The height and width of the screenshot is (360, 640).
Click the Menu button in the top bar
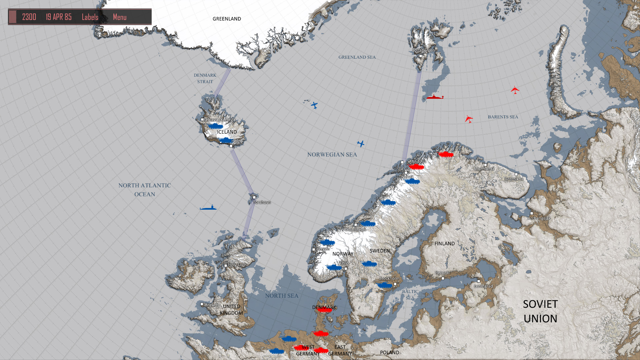tap(120, 17)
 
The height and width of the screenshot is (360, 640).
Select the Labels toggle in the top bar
tap(90, 17)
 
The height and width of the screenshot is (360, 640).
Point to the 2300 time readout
tap(29, 17)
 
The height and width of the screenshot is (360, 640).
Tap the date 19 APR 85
tap(59, 17)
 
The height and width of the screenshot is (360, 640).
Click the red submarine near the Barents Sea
tap(435, 97)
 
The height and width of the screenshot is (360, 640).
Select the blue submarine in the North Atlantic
tap(208, 208)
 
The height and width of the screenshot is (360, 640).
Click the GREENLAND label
tap(227, 19)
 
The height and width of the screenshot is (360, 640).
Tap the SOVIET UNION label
tap(540, 311)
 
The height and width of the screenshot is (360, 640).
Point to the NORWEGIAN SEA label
tap(332, 155)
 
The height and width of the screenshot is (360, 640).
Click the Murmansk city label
tap(484, 169)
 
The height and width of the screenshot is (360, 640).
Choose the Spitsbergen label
tap(423, 50)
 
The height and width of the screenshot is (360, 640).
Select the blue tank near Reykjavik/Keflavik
tap(215, 126)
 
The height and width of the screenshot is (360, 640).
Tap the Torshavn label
tap(262, 202)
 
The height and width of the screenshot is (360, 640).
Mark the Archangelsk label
tap(539, 218)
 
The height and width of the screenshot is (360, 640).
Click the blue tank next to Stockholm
tap(384, 285)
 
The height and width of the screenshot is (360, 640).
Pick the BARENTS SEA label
tap(503, 117)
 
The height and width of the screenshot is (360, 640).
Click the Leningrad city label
tap(483, 286)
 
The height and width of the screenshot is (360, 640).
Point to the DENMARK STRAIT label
tap(205, 78)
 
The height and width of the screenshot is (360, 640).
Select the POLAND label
tap(389, 352)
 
